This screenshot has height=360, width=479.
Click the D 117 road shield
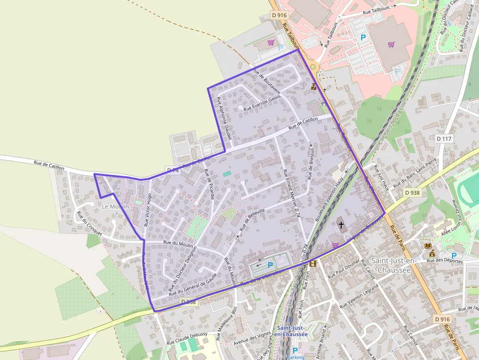coord(444,139)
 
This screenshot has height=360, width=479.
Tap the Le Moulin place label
coord(115,207)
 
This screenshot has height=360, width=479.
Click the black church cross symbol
coord(341,225)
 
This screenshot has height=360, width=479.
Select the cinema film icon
coord(313,264)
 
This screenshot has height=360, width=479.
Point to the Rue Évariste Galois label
coord(262,103)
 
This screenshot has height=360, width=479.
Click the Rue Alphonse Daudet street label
coord(223,117)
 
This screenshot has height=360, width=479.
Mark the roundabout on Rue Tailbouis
coord(313,67)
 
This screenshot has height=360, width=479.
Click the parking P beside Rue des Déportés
coord(454,255)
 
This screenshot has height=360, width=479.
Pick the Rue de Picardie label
coord(209,184)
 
